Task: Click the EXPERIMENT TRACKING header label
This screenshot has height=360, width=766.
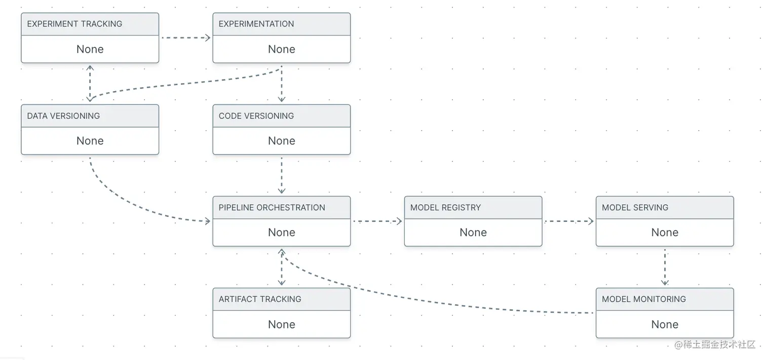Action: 74,24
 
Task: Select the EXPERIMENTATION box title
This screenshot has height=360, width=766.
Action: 256,24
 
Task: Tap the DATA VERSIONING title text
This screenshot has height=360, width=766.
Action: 63,116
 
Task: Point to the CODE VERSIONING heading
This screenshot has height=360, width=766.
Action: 256,116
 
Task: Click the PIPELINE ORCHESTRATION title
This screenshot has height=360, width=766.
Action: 272,208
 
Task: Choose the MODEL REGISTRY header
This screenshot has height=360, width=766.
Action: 445,208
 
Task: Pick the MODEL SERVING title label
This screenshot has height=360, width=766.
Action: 635,208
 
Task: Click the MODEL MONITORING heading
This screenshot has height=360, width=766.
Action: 643,299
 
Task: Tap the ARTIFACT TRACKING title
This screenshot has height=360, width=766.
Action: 259,299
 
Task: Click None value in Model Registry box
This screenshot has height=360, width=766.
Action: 473,232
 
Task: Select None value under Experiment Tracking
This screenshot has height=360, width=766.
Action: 90,49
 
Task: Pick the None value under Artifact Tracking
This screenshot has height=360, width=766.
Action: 281,325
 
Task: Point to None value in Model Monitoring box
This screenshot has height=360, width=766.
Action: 664,325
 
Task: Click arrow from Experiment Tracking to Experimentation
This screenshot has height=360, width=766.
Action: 185,37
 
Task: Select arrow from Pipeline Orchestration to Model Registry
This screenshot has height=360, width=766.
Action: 377,221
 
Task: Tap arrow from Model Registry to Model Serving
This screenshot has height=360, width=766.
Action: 568,221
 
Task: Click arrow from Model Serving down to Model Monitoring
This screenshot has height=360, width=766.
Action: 665,267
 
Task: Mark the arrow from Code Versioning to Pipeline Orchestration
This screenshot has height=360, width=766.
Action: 282,175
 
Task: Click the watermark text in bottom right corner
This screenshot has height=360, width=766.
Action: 715,345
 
